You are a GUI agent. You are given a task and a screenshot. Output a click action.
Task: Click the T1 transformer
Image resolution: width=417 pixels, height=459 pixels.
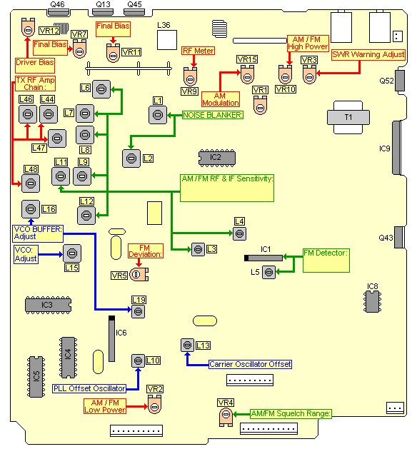[348, 117]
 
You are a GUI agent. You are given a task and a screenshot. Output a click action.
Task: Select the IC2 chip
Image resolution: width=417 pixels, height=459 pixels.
[216, 158]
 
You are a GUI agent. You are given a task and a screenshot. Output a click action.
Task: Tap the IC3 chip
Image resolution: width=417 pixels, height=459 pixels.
[49, 305]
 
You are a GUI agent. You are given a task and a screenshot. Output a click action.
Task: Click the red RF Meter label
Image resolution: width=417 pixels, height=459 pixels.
[199, 51]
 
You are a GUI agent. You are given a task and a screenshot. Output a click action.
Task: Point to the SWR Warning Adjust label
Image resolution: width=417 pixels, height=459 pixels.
[368, 55]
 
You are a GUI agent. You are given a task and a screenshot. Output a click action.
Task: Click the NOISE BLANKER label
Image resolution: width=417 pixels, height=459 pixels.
[213, 115]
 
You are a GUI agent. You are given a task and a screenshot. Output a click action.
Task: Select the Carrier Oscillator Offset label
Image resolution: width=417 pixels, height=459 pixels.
[250, 364]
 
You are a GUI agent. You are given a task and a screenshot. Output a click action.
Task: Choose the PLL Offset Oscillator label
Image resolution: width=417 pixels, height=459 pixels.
[89, 388]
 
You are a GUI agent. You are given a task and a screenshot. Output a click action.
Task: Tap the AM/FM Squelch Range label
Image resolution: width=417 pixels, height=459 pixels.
[291, 413]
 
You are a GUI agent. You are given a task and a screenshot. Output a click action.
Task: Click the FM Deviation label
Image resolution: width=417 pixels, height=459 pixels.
[145, 251]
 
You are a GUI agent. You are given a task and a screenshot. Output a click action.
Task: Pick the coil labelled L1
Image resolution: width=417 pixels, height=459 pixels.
[158, 115]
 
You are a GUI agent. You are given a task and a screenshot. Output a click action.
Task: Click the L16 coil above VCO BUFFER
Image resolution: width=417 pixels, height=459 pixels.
[31, 209]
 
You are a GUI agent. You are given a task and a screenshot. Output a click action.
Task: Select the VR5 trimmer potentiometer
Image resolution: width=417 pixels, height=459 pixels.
[139, 274]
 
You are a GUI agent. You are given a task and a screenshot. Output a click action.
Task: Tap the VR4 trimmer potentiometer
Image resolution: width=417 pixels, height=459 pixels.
[226, 416]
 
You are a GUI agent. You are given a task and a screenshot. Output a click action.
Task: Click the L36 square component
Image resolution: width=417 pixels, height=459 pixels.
[167, 40]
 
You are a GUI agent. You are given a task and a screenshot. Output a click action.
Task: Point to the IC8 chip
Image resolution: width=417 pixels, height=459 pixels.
[372, 301]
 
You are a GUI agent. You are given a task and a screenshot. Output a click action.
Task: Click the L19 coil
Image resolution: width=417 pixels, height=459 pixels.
[138, 311]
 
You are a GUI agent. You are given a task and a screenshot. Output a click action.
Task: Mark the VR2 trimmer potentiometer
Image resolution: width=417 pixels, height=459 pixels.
[155, 404]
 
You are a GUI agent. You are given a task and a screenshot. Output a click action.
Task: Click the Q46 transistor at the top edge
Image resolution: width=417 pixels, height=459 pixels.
[59, 13]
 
